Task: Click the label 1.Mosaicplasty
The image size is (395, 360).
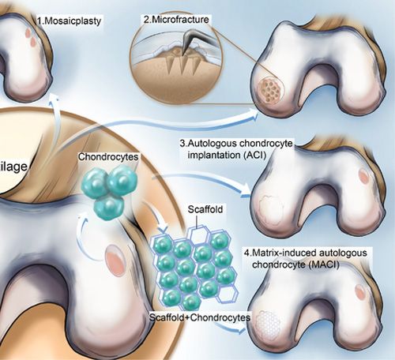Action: (69, 21)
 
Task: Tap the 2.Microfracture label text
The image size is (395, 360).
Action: (176, 20)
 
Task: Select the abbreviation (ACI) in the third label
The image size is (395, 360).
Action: (252, 155)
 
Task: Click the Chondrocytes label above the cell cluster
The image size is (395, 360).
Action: (108, 157)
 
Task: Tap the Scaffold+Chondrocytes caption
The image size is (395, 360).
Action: (200, 317)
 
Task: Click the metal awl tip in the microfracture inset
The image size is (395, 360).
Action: (182, 54)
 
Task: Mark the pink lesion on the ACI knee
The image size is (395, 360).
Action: (364, 176)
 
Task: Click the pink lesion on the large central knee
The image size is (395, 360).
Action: (115, 258)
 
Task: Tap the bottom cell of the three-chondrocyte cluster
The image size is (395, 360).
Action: (109, 208)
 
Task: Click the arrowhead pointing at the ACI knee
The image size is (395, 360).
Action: (246, 194)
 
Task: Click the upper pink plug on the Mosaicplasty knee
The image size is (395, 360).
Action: (28, 32)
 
